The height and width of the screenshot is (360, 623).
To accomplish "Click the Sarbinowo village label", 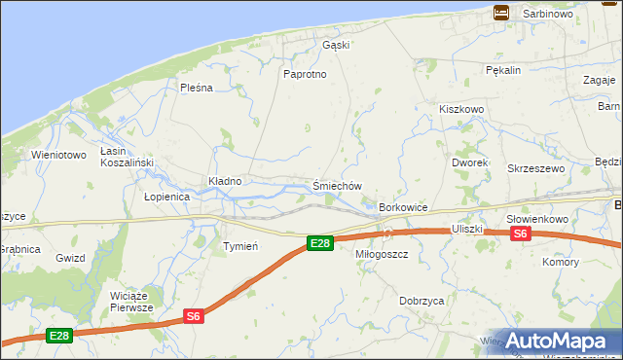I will pos(547,15).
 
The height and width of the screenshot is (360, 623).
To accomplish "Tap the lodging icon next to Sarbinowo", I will pos(501,13).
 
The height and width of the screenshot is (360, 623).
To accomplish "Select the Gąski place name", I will pos(336,45).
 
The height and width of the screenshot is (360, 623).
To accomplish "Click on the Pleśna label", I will pos(196,88).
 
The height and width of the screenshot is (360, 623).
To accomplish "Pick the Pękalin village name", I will pos(504,70).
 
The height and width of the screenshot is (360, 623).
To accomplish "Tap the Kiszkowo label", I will pos(461,110).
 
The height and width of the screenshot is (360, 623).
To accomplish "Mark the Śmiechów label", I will pos(337,186).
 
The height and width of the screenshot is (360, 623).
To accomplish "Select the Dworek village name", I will pos(470,162).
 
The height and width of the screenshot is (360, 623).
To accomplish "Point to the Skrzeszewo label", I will pos(536,168).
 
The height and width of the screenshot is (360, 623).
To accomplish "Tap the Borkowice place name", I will pos(404,208).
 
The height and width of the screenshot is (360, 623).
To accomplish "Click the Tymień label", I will pos(239,246).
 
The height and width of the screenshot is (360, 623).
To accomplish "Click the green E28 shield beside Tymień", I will pos(319,243).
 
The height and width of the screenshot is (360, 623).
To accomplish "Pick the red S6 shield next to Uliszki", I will pos(520,234).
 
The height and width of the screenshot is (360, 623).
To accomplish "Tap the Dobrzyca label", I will pos(421,302).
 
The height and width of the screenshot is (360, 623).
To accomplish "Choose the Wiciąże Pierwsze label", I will pos(132,301).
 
